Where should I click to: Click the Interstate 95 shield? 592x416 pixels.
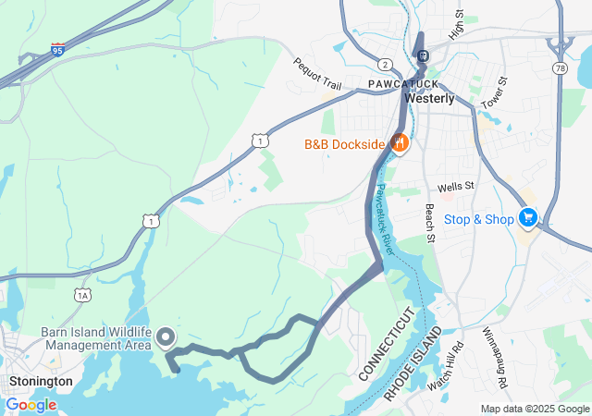[x=57, y=48]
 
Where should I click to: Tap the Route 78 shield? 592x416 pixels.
[x=561, y=69]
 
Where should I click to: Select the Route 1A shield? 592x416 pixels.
[x=83, y=295]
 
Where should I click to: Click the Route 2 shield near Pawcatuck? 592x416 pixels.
[x=383, y=64]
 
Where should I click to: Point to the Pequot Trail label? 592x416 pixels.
[x=317, y=75]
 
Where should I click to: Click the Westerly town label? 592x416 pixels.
[x=430, y=99]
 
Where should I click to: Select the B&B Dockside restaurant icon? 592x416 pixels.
[x=401, y=143]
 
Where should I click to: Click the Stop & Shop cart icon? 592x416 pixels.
[x=527, y=218]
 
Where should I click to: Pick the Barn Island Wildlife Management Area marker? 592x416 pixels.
[x=167, y=336]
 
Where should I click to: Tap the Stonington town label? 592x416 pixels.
[x=40, y=381]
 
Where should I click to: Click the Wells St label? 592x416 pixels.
[x=456, y=186]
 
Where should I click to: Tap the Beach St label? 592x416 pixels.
[x=430, y=225]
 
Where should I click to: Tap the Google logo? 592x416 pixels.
[x=31, y=405]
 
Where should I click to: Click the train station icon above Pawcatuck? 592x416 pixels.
[x=422, y=55]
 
